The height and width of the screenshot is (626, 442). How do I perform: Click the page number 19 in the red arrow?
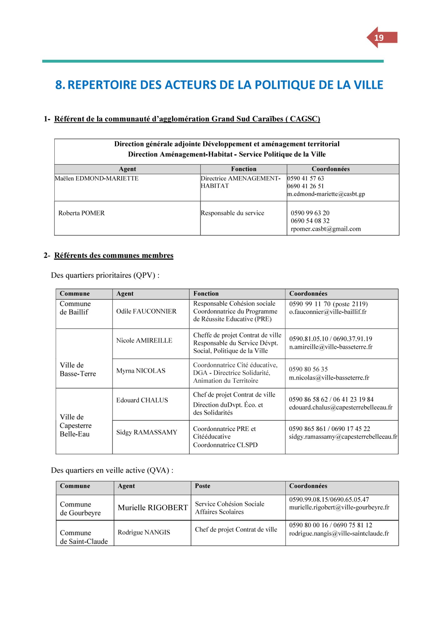click(379, 38)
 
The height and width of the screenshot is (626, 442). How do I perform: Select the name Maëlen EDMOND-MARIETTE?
click(97, 178)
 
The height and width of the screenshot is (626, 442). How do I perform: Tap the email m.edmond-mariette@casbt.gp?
click(326, 194)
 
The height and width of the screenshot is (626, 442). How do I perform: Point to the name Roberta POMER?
click(81, 213)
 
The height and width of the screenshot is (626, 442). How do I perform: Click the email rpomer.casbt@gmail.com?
click(326, 229)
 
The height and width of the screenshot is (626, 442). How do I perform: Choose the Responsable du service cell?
click(232, 213)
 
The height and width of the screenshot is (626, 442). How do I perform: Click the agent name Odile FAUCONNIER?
click(146, 311)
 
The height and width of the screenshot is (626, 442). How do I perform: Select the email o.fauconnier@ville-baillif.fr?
click(328, 312)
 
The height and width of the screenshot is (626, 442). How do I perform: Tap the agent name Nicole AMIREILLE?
click(144, 341)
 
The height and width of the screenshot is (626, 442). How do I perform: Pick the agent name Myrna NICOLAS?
click(141, 371)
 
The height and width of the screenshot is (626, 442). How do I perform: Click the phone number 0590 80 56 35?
click(308, 369)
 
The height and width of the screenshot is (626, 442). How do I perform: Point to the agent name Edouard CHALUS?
click(142, 400)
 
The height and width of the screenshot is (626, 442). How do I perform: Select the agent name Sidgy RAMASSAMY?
click(147, 433)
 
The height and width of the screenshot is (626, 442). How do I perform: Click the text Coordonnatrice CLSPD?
click(225, 445)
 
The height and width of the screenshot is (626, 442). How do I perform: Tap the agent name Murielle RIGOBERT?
click(153, 508)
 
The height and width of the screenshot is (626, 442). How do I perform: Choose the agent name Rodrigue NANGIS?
click(144, 532)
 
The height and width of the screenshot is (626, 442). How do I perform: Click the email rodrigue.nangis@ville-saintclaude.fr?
click(339, 534)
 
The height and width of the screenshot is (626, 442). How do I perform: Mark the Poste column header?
click(203, 486)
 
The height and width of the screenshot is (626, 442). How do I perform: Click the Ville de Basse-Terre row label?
click(78, 370)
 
